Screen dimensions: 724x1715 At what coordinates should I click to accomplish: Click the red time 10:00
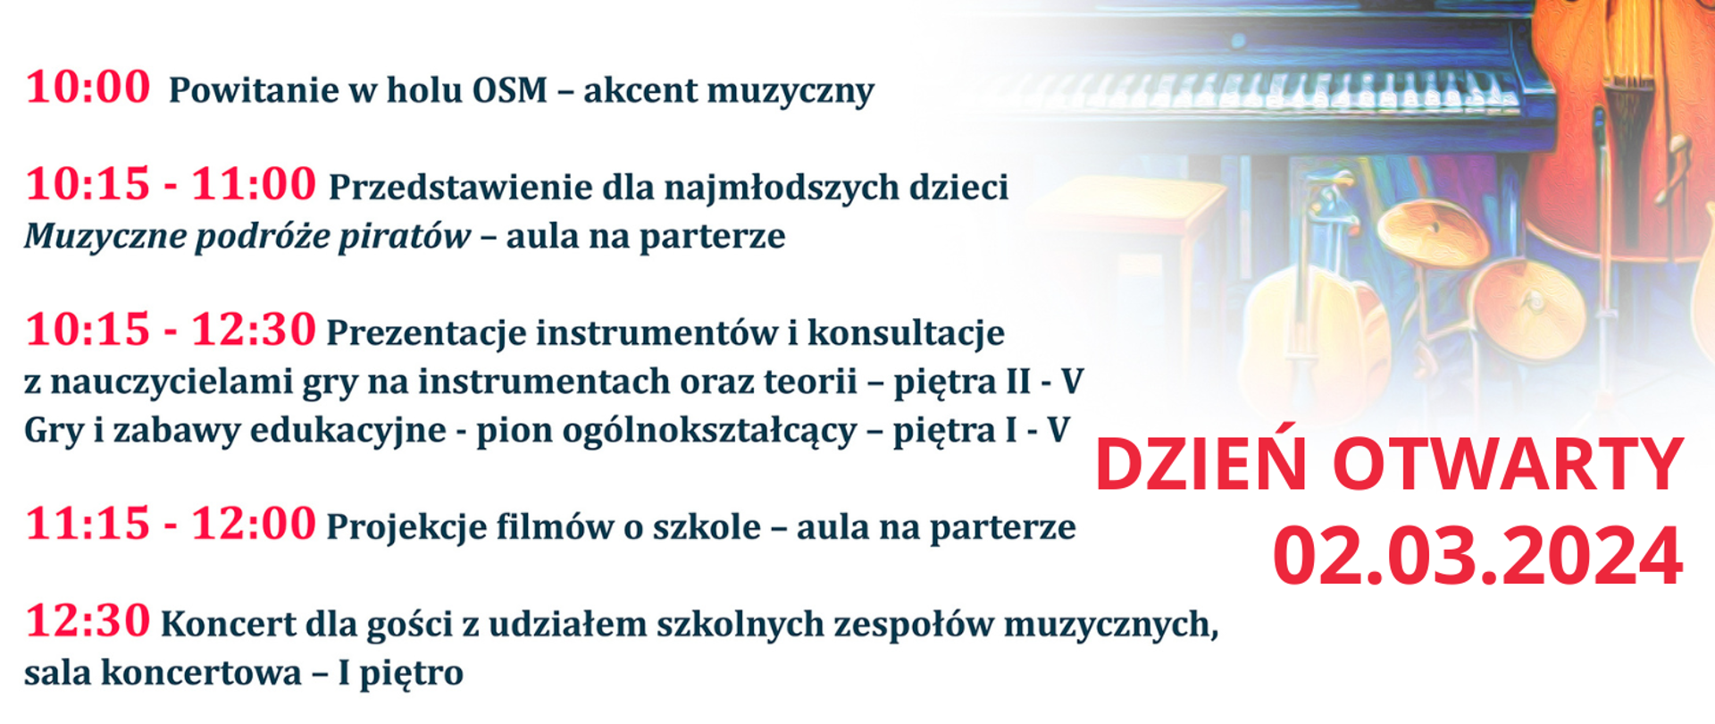pos(88,88)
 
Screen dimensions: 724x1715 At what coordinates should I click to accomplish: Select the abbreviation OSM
pos(509,90)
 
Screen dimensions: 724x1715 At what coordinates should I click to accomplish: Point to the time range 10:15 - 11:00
pos(171,184)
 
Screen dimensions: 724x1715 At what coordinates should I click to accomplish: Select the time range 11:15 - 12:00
pos(171,524)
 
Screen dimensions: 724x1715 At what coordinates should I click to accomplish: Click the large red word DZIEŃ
pos(1200,465)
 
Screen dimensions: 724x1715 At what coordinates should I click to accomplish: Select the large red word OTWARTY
pos(1508,465)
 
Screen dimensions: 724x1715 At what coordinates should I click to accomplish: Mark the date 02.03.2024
pos(1477,556)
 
